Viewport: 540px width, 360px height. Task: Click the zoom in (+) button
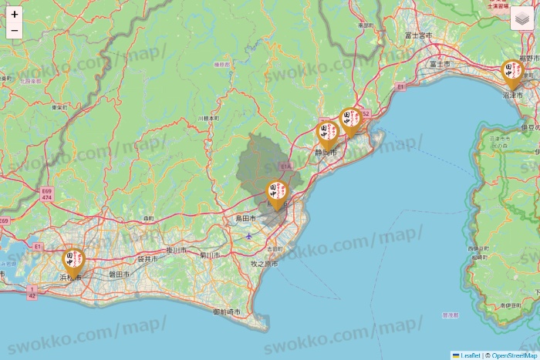coord(15,14)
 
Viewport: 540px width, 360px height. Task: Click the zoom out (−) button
coord(15,31)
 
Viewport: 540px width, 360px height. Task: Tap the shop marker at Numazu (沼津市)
coord(512,72)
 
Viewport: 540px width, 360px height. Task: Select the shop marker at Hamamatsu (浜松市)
coord(74,261)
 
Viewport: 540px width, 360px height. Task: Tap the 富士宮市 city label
coord(416,35)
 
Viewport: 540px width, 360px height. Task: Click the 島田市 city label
coord(246,219)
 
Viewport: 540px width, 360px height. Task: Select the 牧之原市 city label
coord(264,263)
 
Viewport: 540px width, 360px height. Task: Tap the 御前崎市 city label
coord(226,311)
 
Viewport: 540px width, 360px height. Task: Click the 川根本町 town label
coord(209,118)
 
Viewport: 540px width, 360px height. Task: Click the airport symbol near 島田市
coord(248,236)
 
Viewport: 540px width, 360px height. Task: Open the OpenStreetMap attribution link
coord(514,355)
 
